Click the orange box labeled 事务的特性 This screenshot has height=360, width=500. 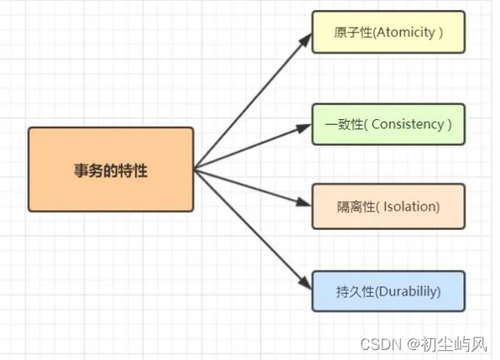coord(111,170)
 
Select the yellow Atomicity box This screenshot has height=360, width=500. coord(388,32)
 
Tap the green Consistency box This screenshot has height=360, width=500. coord(388,124)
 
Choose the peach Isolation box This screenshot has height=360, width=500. coord(388,206)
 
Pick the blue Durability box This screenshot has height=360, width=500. coord(388,291)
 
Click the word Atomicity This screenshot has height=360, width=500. coord(405,33)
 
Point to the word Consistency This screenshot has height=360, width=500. coord(408,124)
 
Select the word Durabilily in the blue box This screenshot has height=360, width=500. coord(407,292)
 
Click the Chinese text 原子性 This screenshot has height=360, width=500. coord(353,33)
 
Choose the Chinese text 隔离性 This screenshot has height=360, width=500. coord(356,207)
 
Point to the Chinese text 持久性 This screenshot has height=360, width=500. coord(355,292)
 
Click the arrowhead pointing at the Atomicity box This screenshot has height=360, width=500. coord(305,40)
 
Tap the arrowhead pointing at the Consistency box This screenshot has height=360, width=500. coord(303,128)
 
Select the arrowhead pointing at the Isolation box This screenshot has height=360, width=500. coord(303,202)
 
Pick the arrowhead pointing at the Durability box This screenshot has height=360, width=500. coord(305,283)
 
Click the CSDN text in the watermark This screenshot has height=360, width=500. coord(380,344)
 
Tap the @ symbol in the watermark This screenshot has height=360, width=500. coord(413,344)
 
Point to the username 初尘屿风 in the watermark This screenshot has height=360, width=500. coord(454,344)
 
